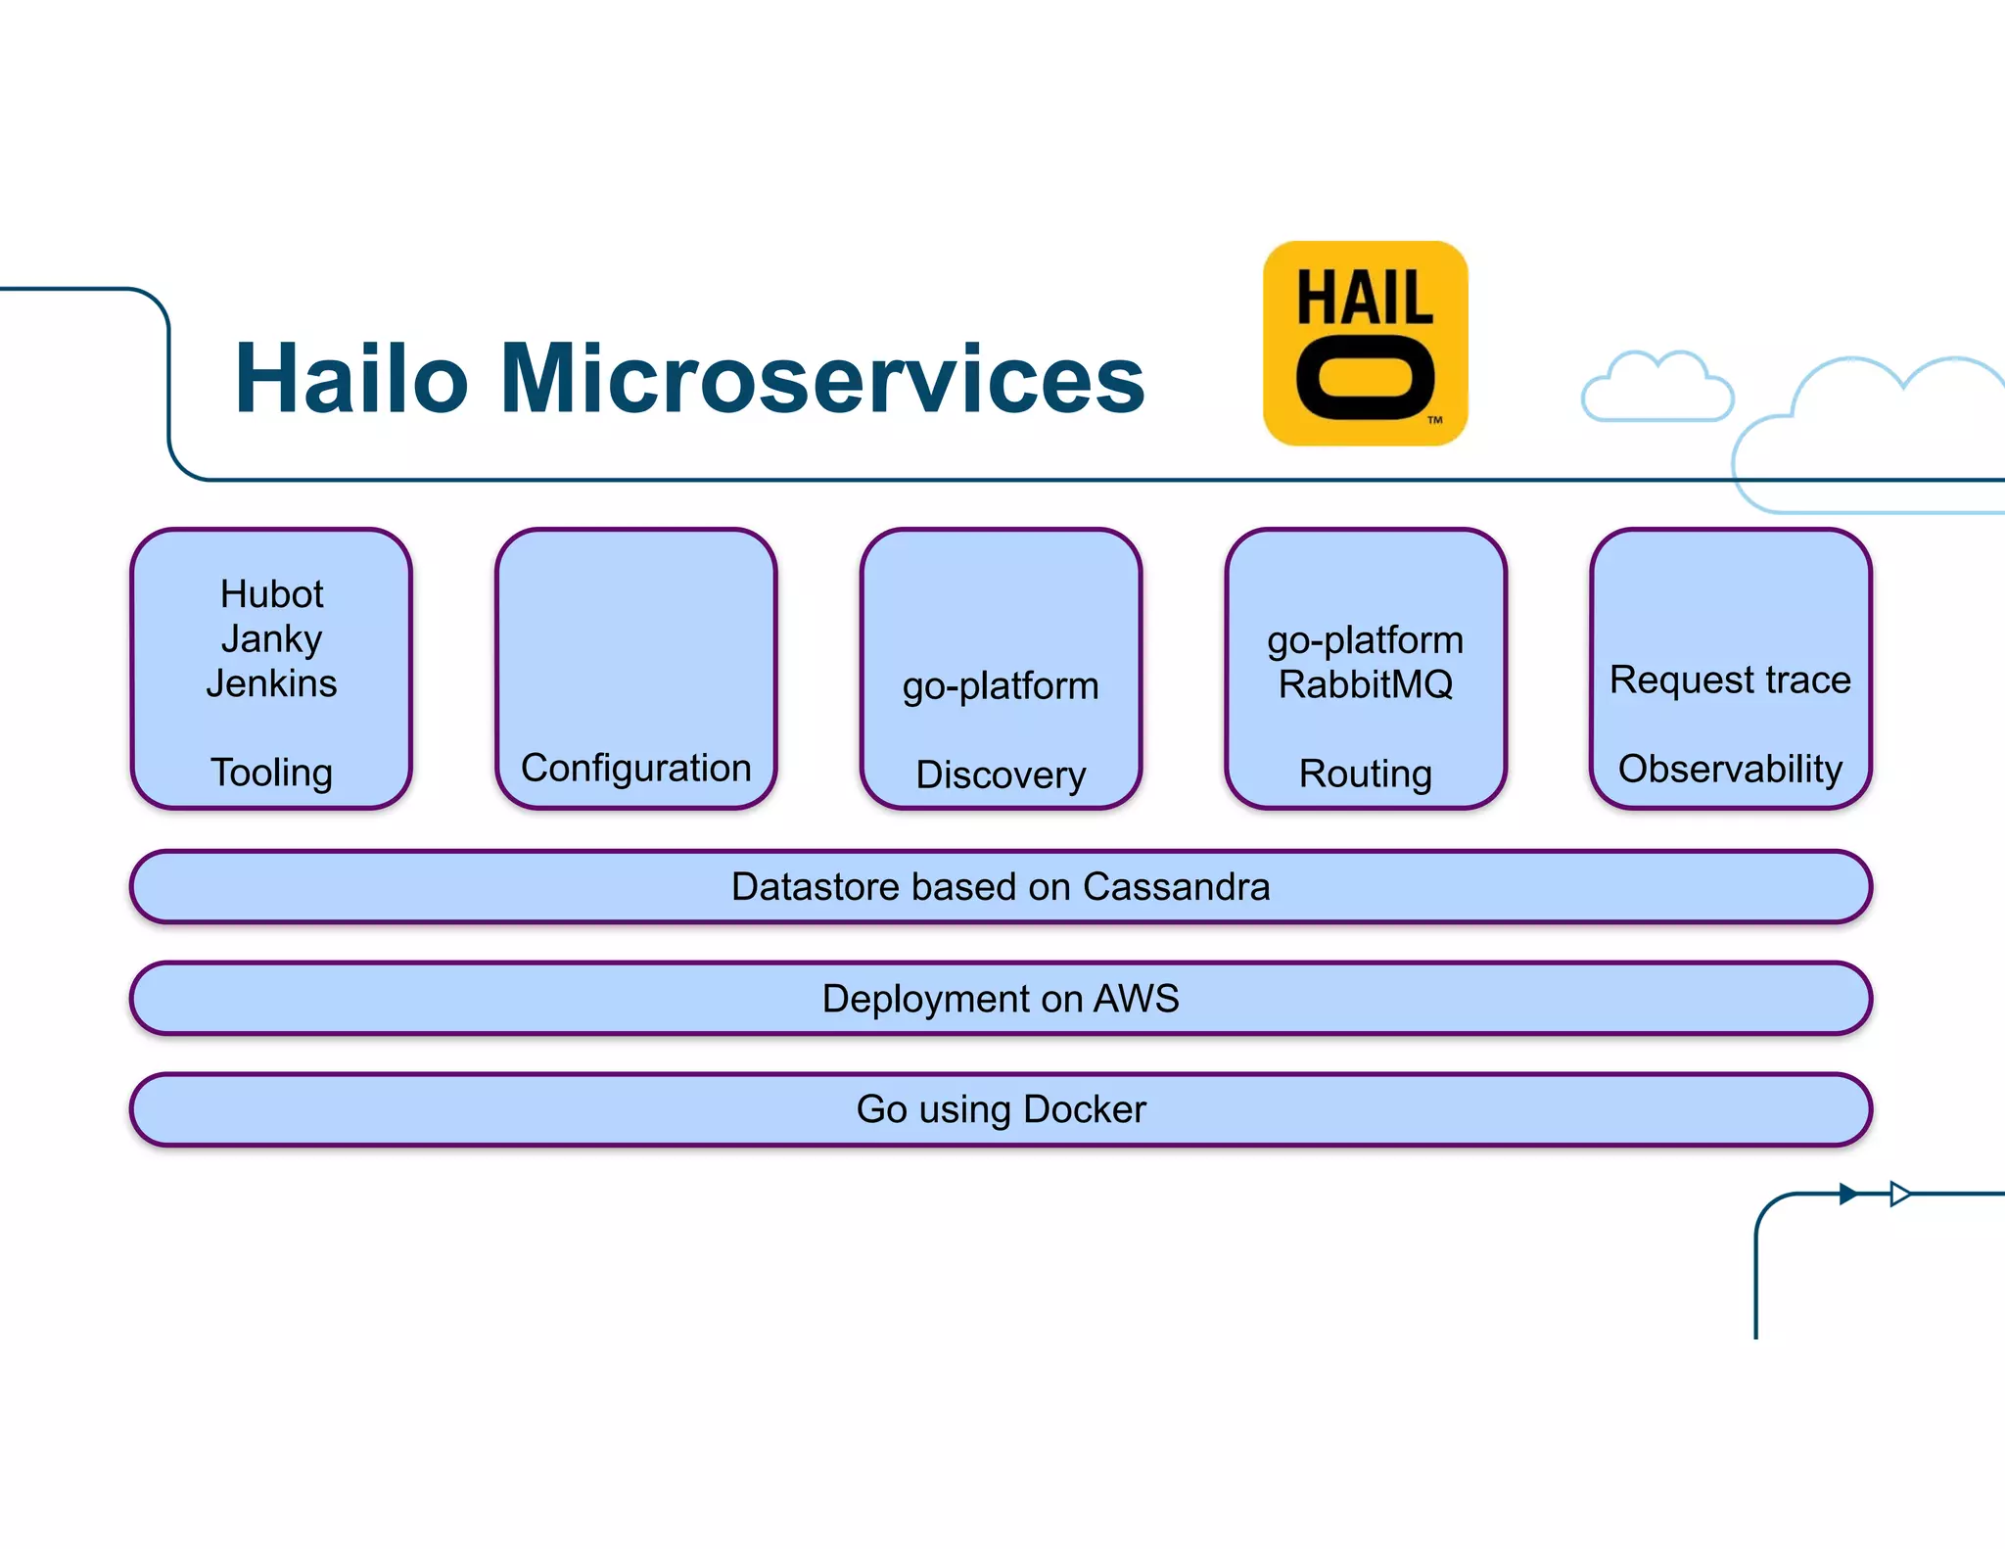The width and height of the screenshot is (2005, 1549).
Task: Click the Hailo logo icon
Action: coord(1365,344)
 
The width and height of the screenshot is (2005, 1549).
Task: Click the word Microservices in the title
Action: coord(822,379)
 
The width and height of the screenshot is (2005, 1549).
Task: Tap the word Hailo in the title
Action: coord(351,379)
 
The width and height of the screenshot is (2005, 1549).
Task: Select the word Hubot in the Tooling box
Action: coord(271,594)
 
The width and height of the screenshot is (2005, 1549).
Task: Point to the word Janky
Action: coord(271,639)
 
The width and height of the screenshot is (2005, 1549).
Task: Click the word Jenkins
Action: coord(271,683)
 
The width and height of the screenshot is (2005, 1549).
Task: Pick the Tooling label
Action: coord(271,773)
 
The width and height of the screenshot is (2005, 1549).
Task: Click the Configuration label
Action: coord(636,769)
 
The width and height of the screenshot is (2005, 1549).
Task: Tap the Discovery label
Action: coord(1001,774)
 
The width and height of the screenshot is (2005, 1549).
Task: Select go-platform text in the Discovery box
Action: coord(1001,685)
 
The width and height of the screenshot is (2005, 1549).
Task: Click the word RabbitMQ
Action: coord(1365,684)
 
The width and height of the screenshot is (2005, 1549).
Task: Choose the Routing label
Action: coord(1365,774)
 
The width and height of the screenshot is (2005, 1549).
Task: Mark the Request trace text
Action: coord(1730,680)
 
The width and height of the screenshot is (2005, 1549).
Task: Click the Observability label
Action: coord(1730,769)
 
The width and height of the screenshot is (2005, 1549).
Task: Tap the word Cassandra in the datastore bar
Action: coord(1176,887)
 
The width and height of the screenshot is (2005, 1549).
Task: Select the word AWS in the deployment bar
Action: coord(1136,999)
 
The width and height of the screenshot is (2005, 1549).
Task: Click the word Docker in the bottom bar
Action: coord(1084,1109)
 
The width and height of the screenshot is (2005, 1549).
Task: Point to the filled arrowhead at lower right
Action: coord(1847,1194)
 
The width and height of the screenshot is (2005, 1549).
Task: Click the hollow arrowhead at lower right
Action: coord(1899,1194)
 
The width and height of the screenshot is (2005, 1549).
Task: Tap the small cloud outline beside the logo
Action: coord(1656,390)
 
